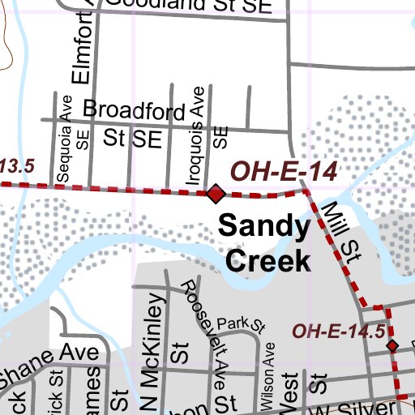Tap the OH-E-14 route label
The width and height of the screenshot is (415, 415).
tap(283, 171)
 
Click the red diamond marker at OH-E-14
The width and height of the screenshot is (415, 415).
tap(216, 194)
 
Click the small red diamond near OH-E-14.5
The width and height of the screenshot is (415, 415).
tap(392, 346)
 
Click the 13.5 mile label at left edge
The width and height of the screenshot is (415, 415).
tap(16, 166)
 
